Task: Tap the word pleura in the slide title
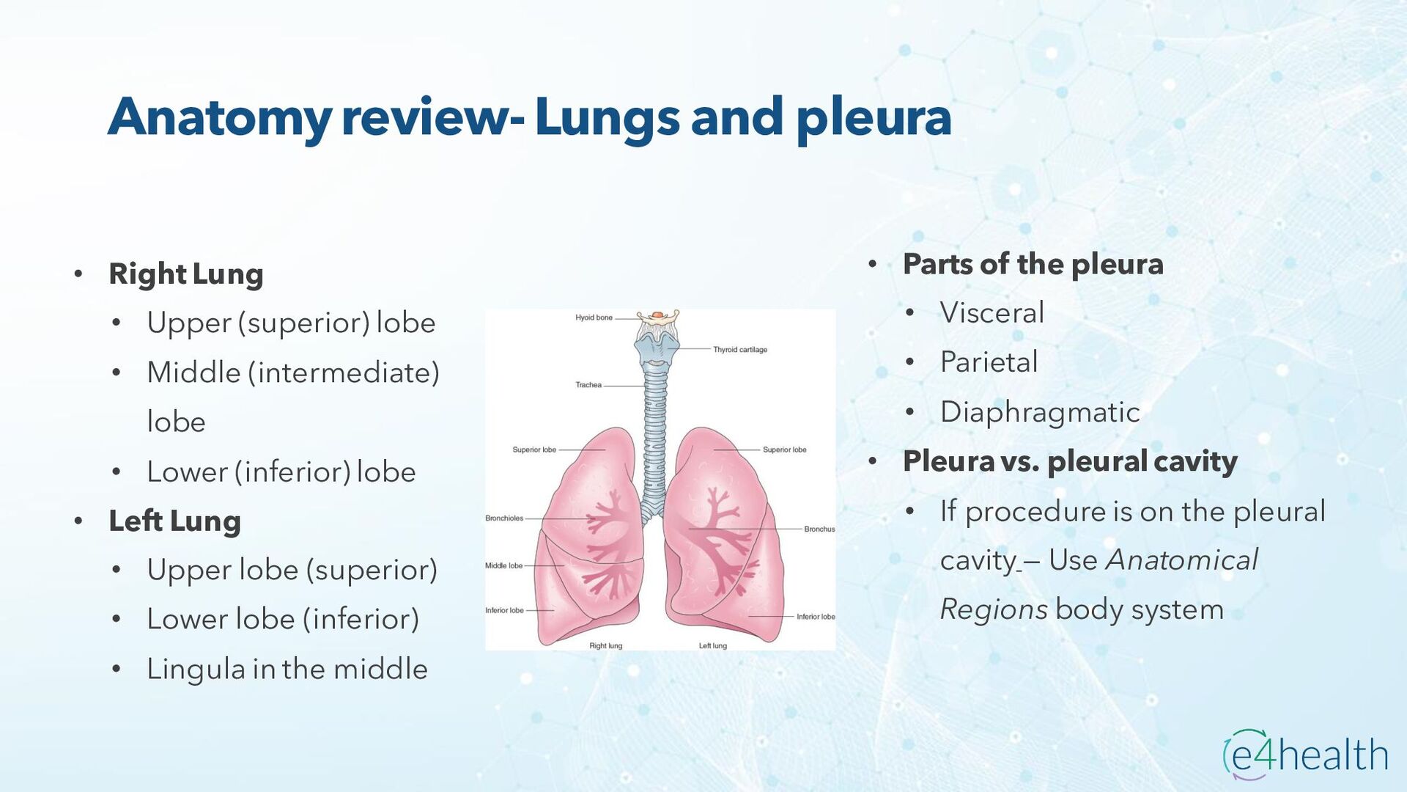pyautogui.click(x=874, y=117)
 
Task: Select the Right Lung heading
pyautogui.click(x=185, y=274)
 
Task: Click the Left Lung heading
pyautogui.click(x=174, y=521)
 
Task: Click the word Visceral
pyautogui.click(x=991, y=312)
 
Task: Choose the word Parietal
pyautogui.click(x=989, y=362)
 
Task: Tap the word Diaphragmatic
pyautogui.click(x=1040, y=411)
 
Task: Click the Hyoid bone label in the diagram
pyautogui.click(x=594, y=318)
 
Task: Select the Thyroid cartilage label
pyautogui.click(x=740, y=350)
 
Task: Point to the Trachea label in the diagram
pyautogui.click(x=588, y=385)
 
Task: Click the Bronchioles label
pyautogui.click(x=504, y=518)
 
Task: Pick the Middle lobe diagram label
pyautogui.click(x=503, y=565)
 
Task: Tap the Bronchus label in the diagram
pyautogui.click(x=819, y=529)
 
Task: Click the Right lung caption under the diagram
pyautogui.click(x=605, y=646)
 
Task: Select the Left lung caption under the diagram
pyautogui.click(x=712, y=646)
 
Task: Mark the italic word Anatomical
pyautogui.click(x=1181, y=560)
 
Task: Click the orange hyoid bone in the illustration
pyautogui.click(x=657, y=315)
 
